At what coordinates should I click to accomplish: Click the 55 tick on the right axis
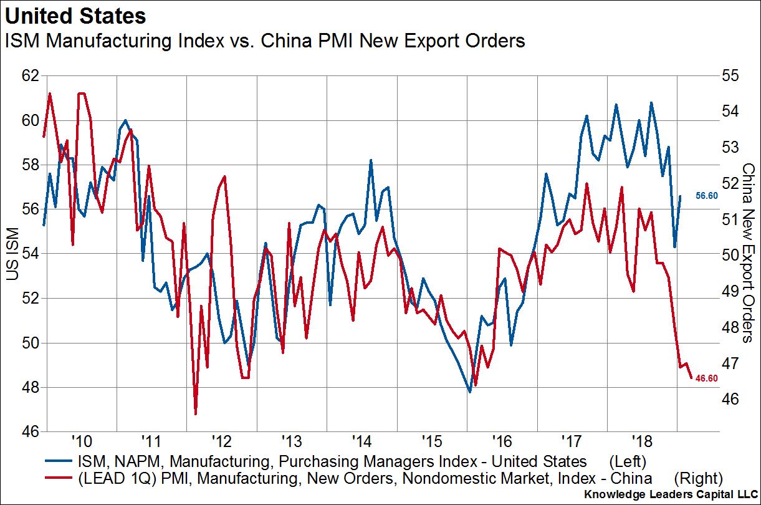tap(729, 75)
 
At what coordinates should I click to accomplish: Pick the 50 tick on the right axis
tap(729, 254)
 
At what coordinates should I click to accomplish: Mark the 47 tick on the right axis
tap(729, 362)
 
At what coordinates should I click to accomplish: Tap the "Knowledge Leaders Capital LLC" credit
tap(671, 494)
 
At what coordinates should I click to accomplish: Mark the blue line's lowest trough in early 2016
tap(470, 392)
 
